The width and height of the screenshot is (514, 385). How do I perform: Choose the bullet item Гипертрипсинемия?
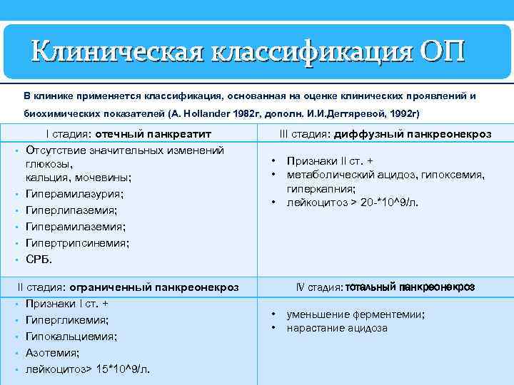point(77,243)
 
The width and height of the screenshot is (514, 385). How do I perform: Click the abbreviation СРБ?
point(39,259)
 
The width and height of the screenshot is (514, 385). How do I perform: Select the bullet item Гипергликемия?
point(67,320)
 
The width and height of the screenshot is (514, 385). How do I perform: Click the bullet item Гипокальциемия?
point(71,337)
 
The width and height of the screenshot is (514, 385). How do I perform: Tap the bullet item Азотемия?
point(53,353)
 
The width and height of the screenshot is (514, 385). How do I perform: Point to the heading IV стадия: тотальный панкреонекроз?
point(385,287)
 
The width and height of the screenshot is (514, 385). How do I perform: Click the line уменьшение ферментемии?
point(356,314)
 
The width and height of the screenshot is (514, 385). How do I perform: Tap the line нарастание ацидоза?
point(337,328)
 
